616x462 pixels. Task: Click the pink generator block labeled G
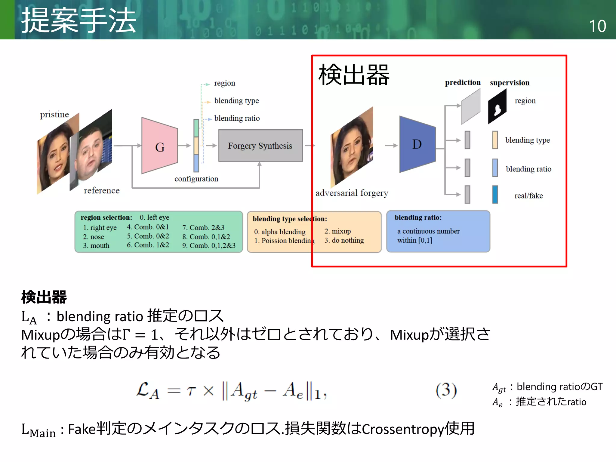(159, 146)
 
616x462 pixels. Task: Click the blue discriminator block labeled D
(417, 144)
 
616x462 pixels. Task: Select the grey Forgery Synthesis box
(260, 146)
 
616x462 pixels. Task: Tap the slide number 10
(597, 26)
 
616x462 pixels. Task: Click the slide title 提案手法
(79, 20)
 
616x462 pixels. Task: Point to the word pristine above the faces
(54, 115)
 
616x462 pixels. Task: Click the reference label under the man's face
(102, 191)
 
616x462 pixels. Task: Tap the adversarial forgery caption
(352, 193)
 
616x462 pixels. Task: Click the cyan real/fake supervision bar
(495, 195)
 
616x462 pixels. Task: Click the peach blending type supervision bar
(495, 140)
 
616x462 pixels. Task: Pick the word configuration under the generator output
(196, 179)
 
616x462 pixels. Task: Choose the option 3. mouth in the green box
(96, 246)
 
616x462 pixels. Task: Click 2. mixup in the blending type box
(337, 231)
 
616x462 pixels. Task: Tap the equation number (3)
(446, 390)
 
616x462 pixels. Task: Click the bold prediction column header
(463, 82)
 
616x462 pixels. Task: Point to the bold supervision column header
(510, 83)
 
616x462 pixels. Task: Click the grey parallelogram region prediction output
(471, 107)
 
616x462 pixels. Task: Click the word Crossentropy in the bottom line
(403, 429)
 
